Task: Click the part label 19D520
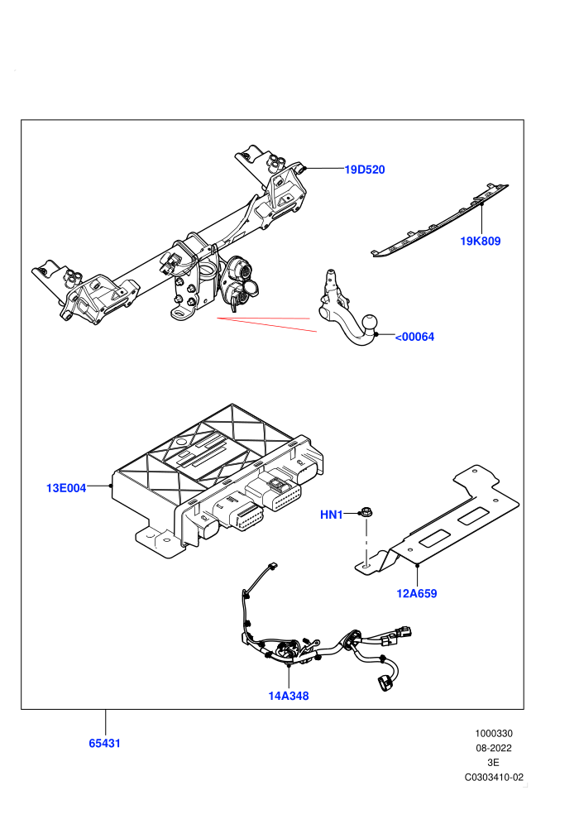(365, 170)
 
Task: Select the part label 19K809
(481, 242)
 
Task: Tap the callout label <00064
(414, 337)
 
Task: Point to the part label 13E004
(66, 488)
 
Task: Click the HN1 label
(331, 515)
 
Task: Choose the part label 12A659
(417, 593)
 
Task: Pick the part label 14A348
(289, 697)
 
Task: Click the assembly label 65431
(104, 743)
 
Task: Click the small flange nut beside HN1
(366, 512)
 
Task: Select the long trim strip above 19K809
(439, 220)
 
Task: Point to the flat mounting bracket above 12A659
(438, 521)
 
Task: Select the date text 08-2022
(493, 748)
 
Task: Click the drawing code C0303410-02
(494, 777)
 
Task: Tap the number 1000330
(493, 733)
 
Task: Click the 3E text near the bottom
(493, 763)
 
